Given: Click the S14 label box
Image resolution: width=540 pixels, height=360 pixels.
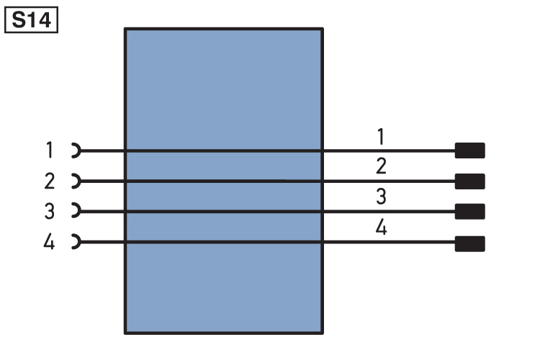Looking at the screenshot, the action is pos(32,20).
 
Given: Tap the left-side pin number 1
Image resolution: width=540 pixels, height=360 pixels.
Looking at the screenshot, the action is pos(50,150).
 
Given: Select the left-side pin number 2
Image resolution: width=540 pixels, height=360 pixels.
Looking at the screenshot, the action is pos(49,181).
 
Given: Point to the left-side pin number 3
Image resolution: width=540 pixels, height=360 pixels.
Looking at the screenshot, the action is pos(50,211).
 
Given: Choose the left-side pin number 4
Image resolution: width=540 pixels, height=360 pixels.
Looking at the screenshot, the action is pos(49,241).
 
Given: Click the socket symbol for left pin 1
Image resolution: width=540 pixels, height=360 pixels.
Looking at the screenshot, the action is pos(79,150).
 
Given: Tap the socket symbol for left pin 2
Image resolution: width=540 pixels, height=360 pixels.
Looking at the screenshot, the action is pos(79,181).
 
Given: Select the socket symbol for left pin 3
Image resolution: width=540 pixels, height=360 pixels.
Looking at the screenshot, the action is pos(79,211).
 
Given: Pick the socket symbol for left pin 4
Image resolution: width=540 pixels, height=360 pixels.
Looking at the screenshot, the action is pos(79,241).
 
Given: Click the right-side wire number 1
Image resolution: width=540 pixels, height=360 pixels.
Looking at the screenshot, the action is pos(381,136).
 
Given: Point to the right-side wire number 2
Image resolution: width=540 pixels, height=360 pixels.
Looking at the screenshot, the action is pos(381,166).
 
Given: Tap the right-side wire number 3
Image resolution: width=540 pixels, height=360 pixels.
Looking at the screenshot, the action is pos(381,197).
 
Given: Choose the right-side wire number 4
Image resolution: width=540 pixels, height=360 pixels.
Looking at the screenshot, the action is pos(381,227).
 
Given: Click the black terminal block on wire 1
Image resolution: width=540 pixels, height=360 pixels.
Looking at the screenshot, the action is pos(469,150).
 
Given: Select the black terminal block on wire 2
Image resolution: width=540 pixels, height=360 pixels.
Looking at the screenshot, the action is pos(469,181).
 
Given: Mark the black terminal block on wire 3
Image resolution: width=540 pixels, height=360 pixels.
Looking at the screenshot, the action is pos(469,212).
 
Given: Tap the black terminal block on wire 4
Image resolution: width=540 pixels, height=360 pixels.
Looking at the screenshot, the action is pos(469,243).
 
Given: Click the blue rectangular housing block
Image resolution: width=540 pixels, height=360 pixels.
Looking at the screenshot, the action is pos(224,86).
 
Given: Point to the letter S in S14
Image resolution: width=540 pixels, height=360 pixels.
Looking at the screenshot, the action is pos(19,20).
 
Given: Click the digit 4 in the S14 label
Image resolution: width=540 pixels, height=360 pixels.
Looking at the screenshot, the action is pos(44,20).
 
